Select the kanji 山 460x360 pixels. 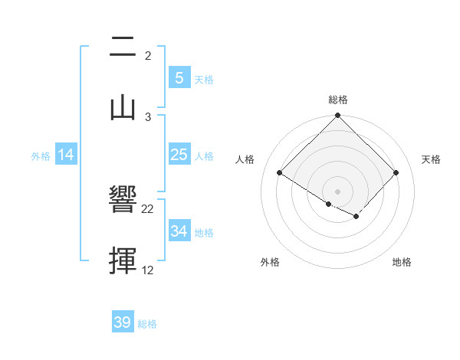click(x=123, y=107)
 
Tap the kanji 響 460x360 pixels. click(x=123, y=201)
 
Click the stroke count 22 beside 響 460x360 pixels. click(x=148, y=208)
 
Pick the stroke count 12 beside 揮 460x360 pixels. click(x=148, y=270)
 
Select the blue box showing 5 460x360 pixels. click(x=179, y=78)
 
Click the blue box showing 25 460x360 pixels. click(x=179, y=155)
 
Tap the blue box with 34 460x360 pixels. click(x=179, y=231)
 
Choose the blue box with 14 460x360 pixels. click(x=66, y=155)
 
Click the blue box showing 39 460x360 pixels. click(x=123, y=322)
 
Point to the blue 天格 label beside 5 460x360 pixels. click(x=204, y=79)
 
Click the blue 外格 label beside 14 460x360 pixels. click(x=41, y=155)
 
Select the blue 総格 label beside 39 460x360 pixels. click(x=147, y=323)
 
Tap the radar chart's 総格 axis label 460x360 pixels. click(x=338, y=100)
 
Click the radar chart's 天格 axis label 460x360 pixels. click(x=431, y=159)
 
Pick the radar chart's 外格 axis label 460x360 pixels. click(x=270, y=262)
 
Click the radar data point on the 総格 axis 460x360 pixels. click(x=338, y=116)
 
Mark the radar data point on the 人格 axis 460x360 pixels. click(x=280, y=173)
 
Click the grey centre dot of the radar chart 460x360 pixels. click(x=338, y=191)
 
